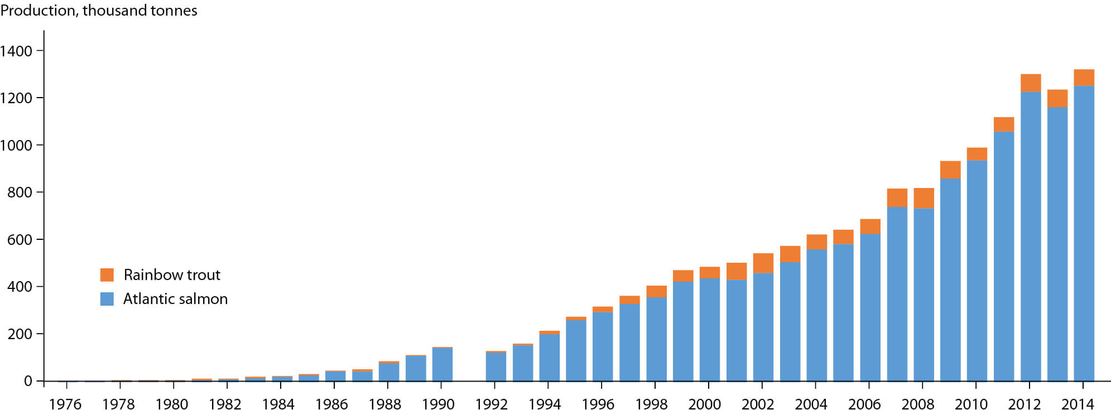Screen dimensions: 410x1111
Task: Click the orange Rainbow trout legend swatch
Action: (107, 275)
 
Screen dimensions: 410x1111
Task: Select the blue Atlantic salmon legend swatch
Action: (107, 299)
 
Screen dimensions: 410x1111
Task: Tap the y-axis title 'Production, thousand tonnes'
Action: (99, 11)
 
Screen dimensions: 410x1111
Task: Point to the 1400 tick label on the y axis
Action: (16, 51)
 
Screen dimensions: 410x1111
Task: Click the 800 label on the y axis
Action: (20, 192)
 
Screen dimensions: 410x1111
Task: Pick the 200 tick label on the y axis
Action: (20, 334)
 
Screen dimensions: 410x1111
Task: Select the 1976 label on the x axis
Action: (65, 404)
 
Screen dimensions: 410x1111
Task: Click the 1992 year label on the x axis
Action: (491, 404)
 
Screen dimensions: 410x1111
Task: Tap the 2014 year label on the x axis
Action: (1077, 404)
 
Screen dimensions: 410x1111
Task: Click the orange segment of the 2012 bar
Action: (1031, 83)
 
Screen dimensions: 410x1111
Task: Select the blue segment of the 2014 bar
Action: (1084, 234)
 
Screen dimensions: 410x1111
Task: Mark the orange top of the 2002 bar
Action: (763, 263)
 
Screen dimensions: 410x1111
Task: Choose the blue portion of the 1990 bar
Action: (442, 365)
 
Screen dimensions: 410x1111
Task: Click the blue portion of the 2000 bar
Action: (709, 329)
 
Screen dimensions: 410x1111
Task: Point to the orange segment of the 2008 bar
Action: (924, 198)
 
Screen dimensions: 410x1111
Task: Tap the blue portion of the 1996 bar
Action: (603, 346)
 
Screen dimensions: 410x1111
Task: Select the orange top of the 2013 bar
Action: (1057, 98)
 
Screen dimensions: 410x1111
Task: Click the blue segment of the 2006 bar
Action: (870, 307)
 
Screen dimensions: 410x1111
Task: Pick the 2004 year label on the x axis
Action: (811, 404)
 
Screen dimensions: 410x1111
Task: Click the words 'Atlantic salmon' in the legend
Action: (175, 299)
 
